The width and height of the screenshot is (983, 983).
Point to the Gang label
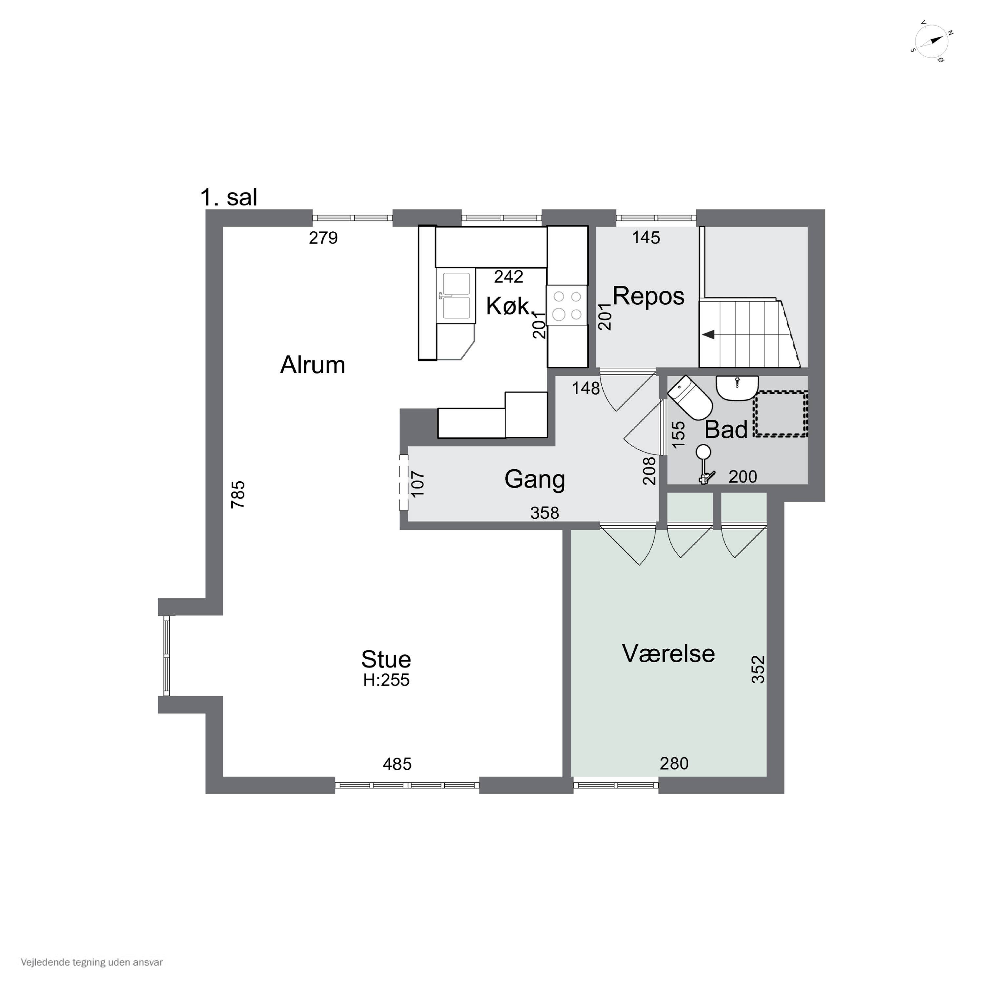(x=535, y=480)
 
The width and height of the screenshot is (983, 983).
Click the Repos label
(x=648, y=297)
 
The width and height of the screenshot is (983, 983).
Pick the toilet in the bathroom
(x=690, y=397)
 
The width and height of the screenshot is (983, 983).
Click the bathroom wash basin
(x=737, y=388)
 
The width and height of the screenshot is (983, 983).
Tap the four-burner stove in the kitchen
(x=567, y=305)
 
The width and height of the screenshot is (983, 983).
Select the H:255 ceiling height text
(x=386, y=680)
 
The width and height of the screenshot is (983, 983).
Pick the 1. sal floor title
(x=229, y=197)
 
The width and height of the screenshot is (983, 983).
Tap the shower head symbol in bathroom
(x=704, y=464)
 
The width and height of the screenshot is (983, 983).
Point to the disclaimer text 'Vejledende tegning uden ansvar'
(x=92, y=962)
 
